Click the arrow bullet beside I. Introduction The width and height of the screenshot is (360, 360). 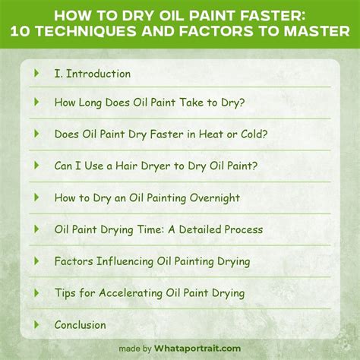click(36, 74)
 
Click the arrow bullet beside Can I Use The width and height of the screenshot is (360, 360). click(36, 165)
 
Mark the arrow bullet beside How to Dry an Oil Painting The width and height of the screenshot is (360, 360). click(36, 197)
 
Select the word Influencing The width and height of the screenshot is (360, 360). click(124, 261)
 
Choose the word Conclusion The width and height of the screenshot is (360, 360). click(80, 325)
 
